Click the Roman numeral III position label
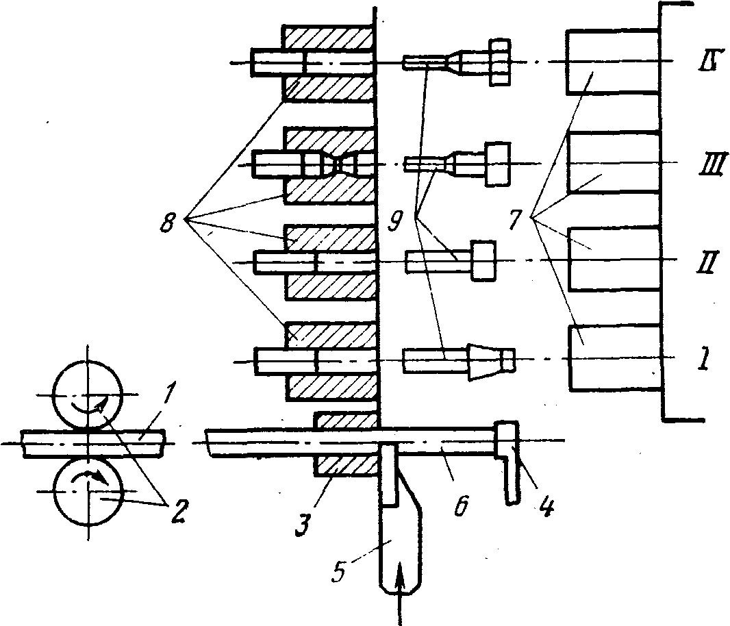[x=703, y=164]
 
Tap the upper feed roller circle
[x=87, y=395]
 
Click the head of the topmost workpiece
[x=501, y=63]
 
